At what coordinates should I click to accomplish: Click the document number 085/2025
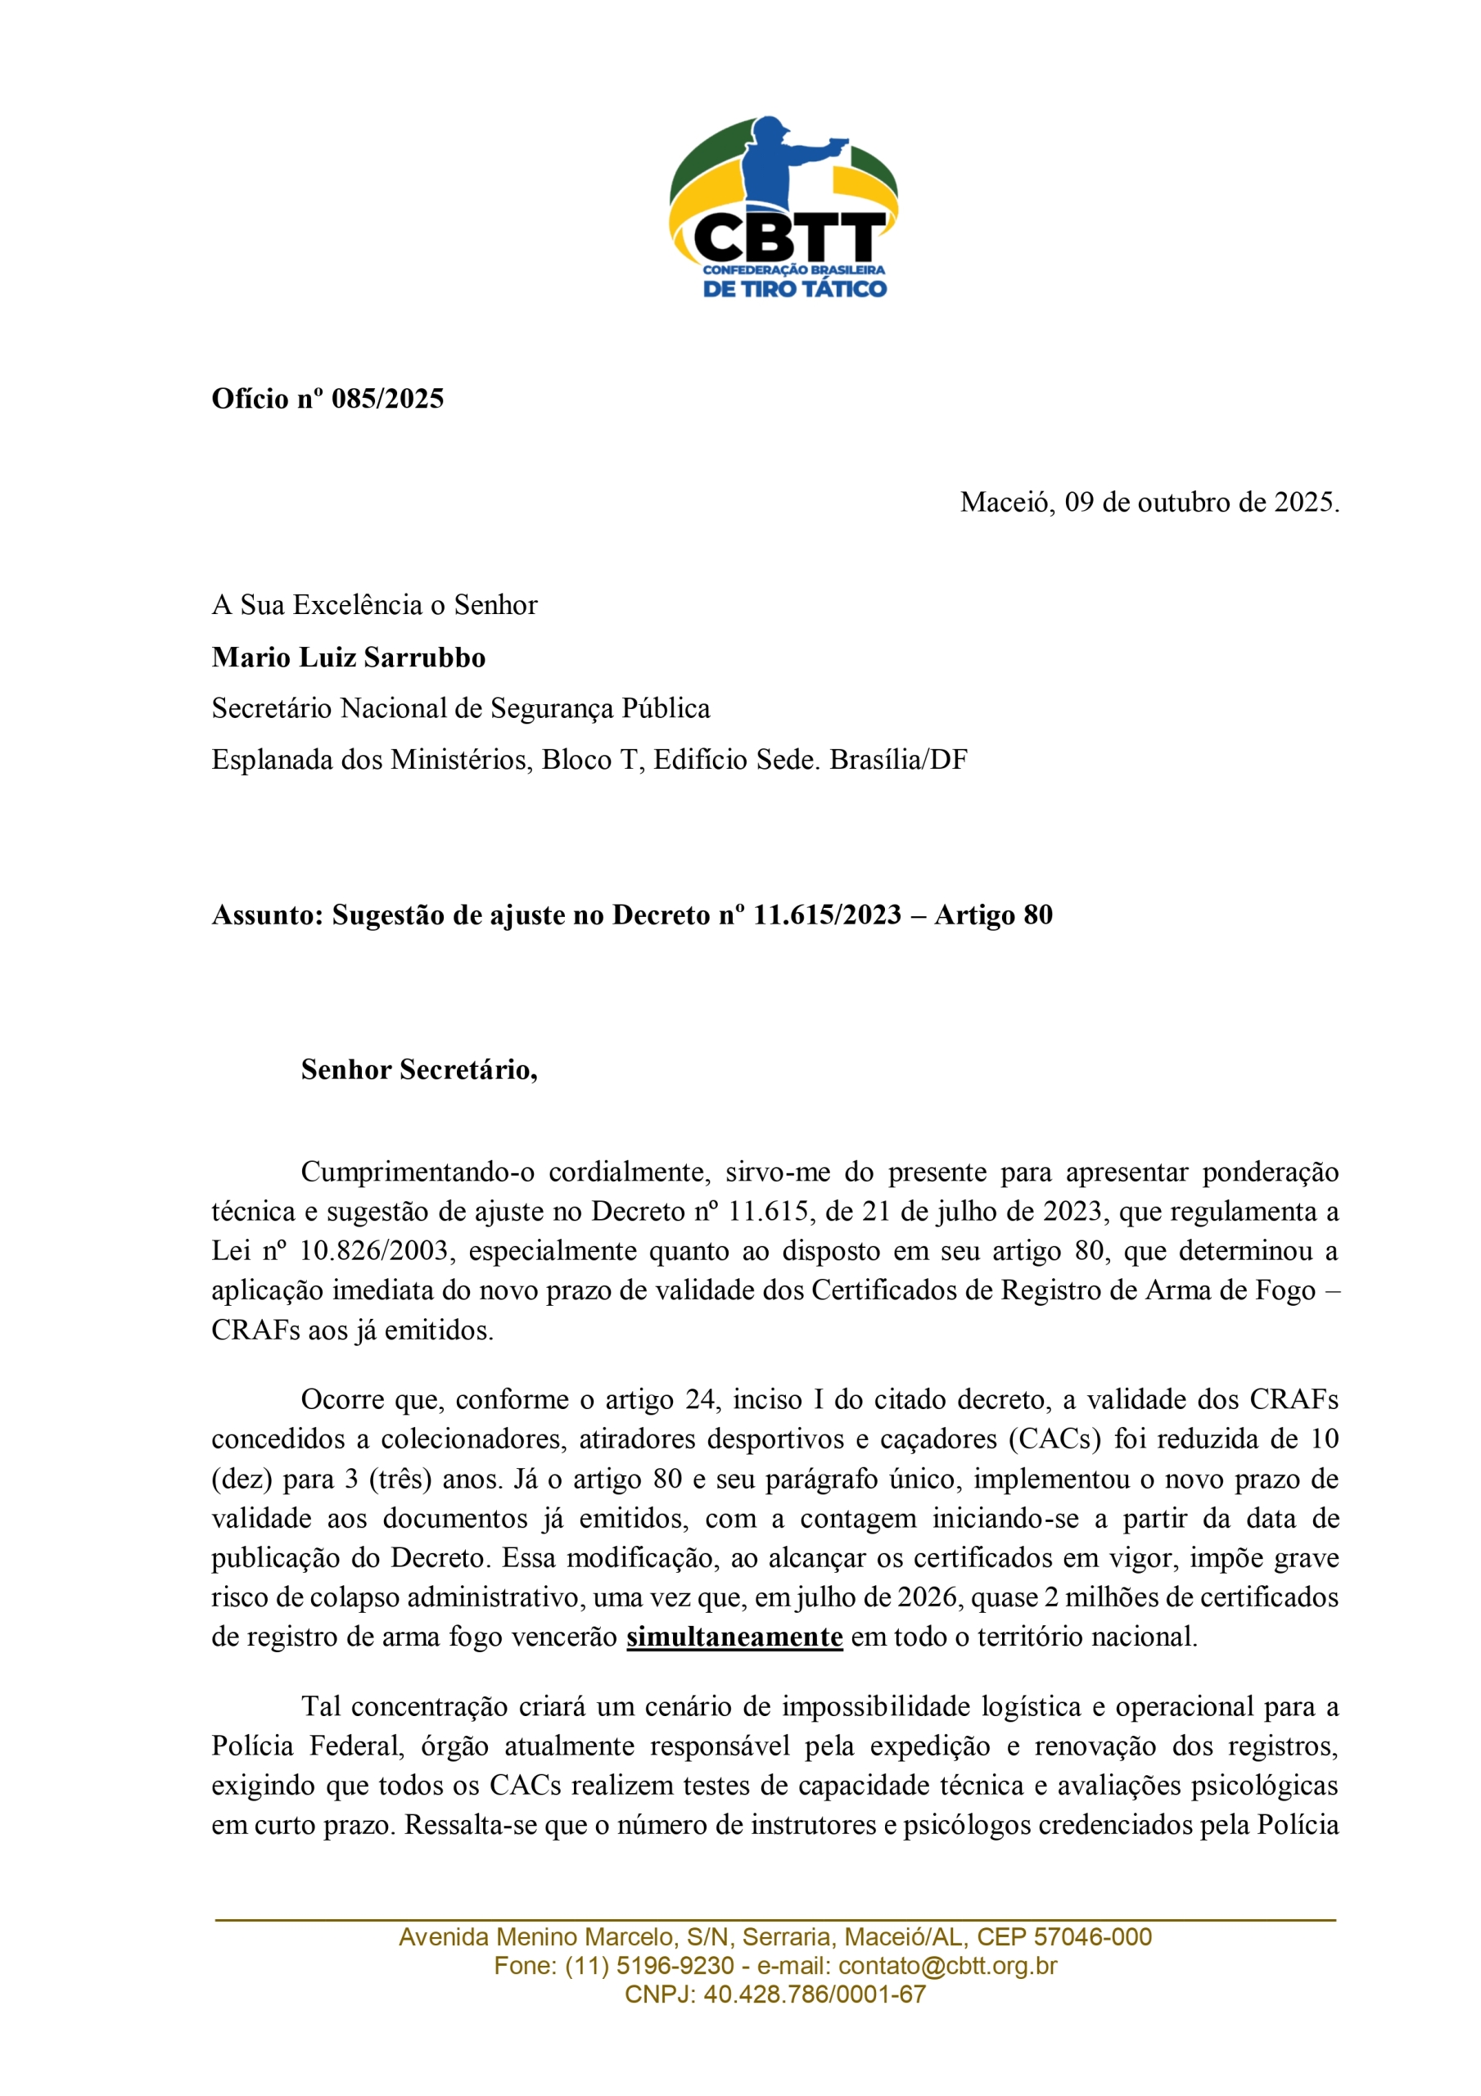[x=387, y=399]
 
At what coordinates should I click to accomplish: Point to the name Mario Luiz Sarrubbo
[x=348, y=657]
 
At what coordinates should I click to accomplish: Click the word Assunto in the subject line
[x=267, y=915]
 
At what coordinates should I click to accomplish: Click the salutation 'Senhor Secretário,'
[x=419, y=1069]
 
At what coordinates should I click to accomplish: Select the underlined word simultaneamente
[x=734, y=1637]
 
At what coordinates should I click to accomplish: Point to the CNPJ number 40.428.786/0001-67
[x=815, y=1994]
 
